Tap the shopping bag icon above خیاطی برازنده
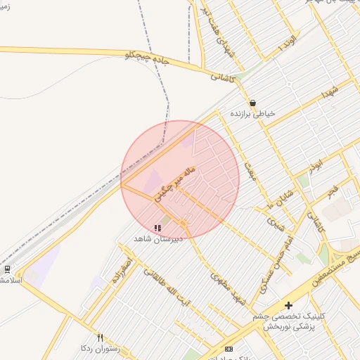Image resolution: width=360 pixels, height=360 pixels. coord(252,103)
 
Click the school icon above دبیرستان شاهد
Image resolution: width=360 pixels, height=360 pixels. coord(157,228)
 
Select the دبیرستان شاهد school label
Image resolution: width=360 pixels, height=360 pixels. coord(158,238)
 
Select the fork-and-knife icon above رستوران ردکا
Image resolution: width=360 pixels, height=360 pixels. coord(100,337)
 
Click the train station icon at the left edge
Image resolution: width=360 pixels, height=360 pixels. coord(7,269)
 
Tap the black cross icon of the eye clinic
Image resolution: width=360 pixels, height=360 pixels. coord(288,305)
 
